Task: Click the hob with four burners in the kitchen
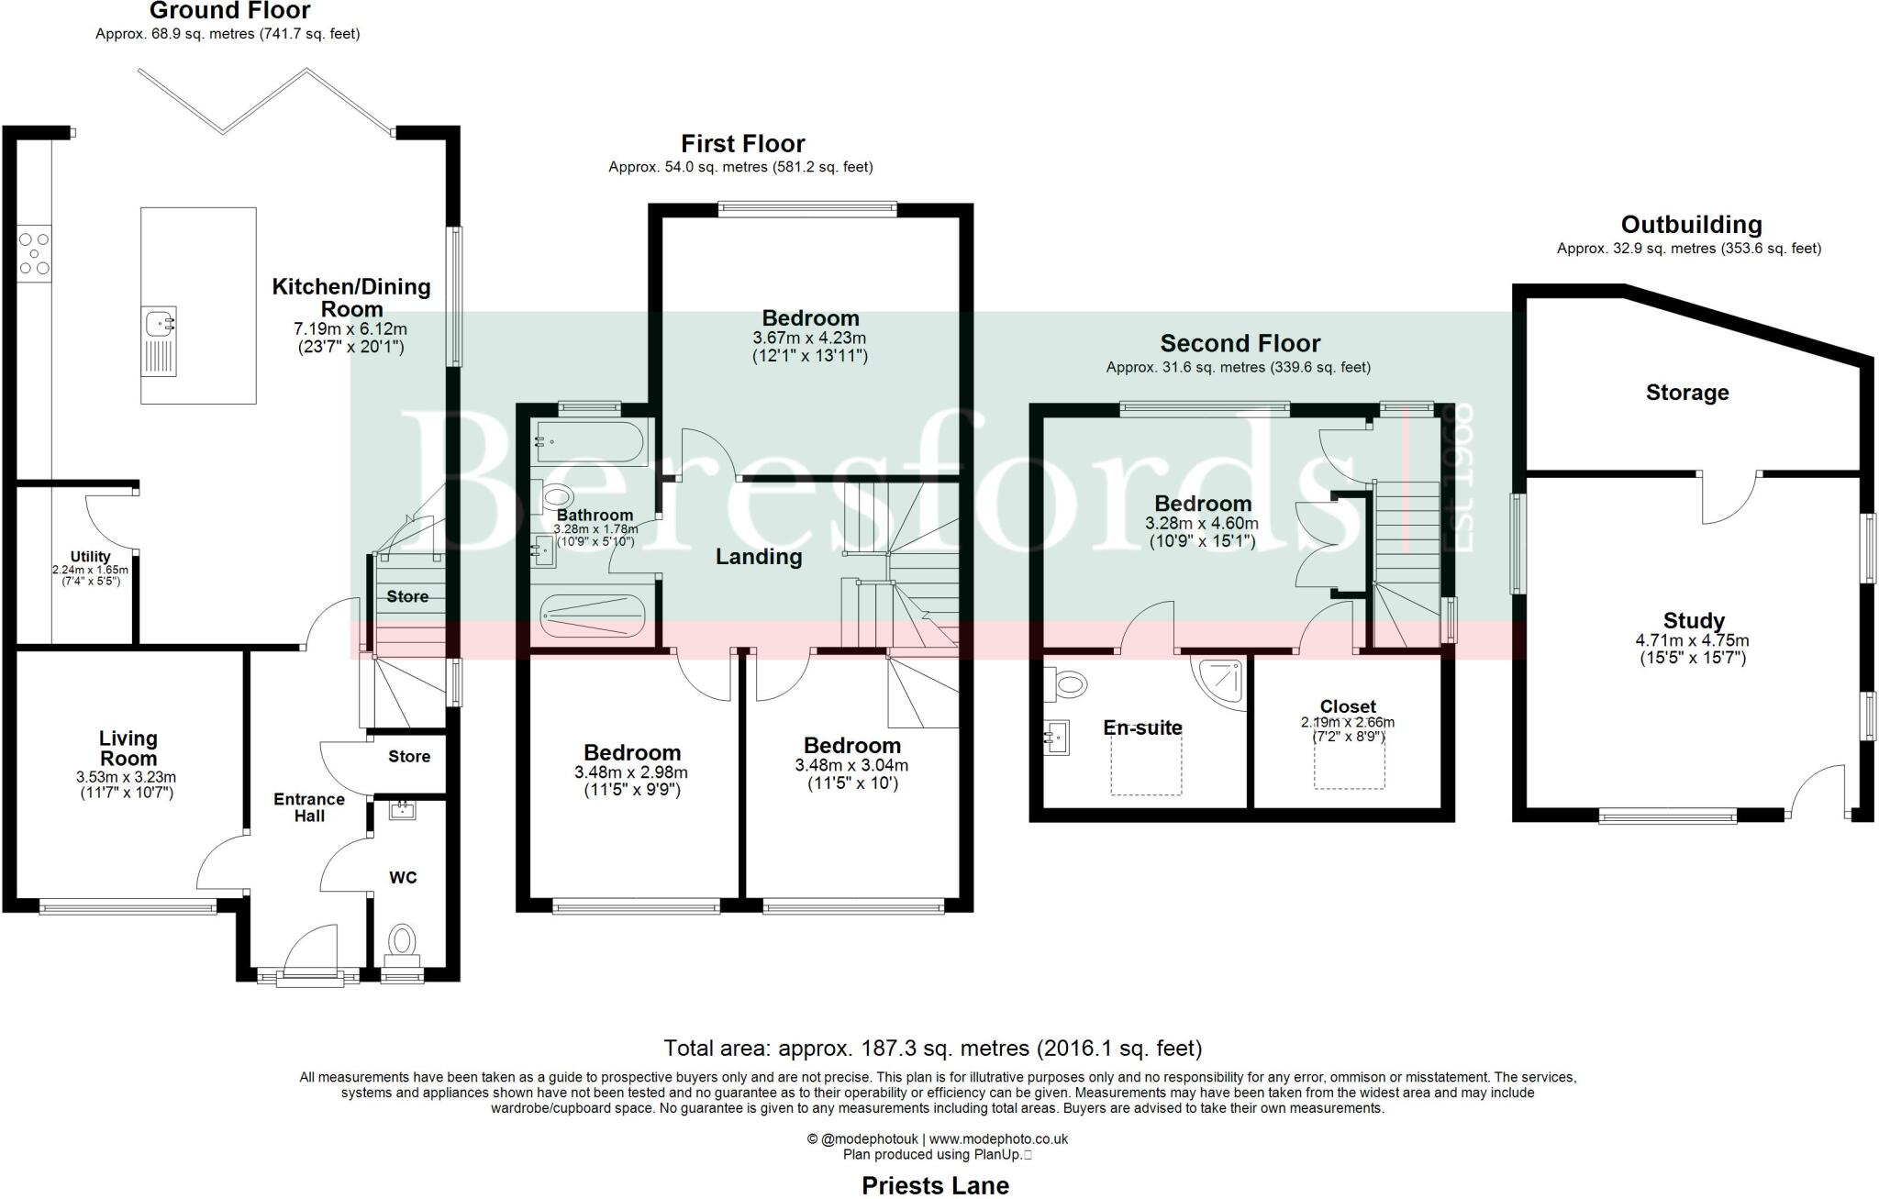[34, 253]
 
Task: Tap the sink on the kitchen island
[160, 324]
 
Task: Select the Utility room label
[90, 557]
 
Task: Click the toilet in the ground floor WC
[402, 941]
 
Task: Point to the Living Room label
[128, 749]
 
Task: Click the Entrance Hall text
[309, 807]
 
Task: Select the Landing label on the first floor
[759, 557]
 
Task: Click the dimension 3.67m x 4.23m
[809, 339]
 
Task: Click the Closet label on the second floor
[1348, 706]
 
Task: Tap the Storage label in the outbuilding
[1687, 393]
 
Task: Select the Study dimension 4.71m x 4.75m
[1693, 640]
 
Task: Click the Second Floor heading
[1240, 344]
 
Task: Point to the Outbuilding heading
[1691, 225]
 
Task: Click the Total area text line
[932, 1048]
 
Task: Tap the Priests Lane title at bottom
[935, 1185]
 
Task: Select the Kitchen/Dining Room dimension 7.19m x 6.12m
[350, 328]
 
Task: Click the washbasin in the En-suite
[1057, 737]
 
